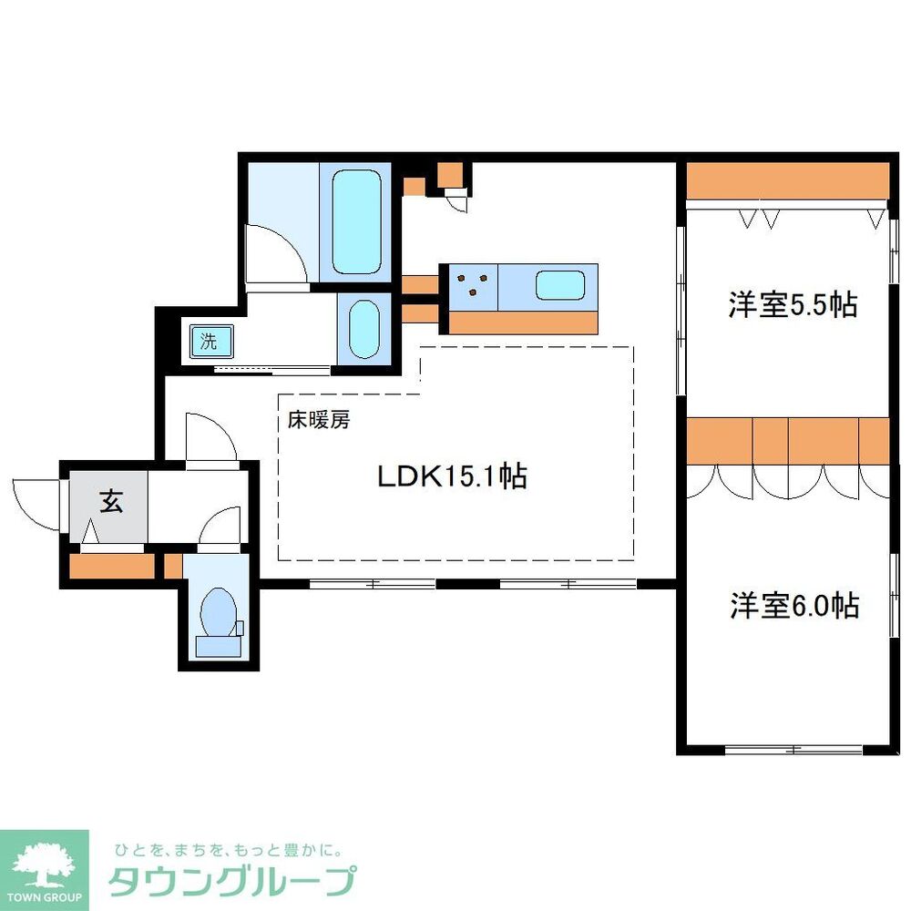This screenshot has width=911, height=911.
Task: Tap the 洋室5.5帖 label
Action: tap(792, 304)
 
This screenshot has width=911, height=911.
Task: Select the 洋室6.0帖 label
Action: tap(793, 605)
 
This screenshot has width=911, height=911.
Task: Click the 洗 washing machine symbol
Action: tap(210, 343)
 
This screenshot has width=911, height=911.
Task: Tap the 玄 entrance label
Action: tap(111, 502)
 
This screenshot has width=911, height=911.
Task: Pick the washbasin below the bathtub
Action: tap(363, 327)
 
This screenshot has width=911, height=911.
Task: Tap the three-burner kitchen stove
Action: tap(472, 285)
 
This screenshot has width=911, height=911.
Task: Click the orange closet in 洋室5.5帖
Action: tap(785, 180)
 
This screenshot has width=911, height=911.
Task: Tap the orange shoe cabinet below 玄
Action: tap(111, 566)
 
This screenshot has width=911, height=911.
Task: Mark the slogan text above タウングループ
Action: tap(227, 851)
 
